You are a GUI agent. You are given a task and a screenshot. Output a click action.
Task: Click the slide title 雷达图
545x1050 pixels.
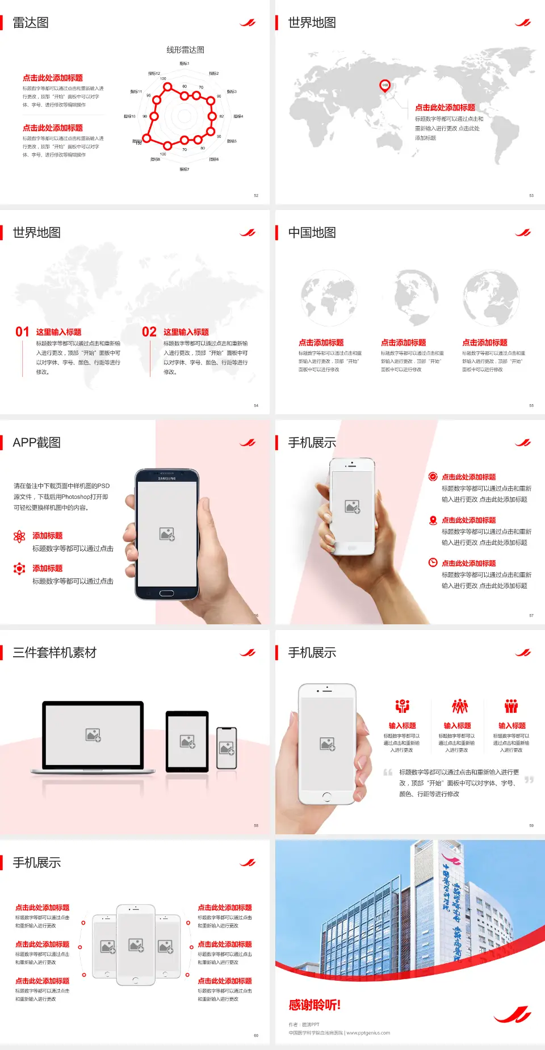31,23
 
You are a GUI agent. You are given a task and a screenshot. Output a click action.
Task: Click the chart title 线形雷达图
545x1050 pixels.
185,50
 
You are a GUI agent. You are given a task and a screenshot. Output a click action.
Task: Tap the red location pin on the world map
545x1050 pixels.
385,86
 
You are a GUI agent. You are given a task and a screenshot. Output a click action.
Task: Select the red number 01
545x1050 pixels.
22,332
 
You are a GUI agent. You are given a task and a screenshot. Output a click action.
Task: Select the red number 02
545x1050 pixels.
149,332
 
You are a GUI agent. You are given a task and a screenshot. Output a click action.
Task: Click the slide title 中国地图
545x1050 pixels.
312,233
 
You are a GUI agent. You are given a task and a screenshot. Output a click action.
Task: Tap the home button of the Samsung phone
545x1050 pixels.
166,593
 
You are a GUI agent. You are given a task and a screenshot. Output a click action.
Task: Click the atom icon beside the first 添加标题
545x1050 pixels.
19,536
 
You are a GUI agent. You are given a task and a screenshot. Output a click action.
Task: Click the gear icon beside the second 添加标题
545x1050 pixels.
19,569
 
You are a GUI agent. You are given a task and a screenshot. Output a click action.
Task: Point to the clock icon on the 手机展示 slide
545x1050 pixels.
433,562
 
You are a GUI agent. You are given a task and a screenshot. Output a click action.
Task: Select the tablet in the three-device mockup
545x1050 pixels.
187,741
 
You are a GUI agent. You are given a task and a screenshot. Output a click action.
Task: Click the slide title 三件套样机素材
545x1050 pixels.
54,653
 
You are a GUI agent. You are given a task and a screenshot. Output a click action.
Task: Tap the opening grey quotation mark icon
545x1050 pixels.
388,772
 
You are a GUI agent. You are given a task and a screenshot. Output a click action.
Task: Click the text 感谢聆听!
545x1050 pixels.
315,1005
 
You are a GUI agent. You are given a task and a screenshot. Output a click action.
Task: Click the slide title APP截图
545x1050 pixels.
36,443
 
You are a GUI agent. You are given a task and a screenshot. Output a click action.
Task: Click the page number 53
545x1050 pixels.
531,195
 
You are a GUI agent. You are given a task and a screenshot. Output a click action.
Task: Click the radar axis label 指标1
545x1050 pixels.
185,64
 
